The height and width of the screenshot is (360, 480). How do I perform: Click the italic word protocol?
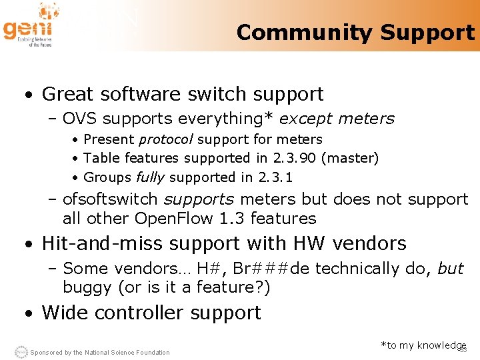tap(166, 140)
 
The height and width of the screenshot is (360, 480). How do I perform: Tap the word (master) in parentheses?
tap(349, 159)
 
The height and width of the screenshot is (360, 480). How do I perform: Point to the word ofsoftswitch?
tap(111, 199)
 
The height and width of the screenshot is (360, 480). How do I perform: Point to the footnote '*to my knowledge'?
tap(423, 345)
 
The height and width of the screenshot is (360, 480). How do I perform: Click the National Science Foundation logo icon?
tap(21, 351)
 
